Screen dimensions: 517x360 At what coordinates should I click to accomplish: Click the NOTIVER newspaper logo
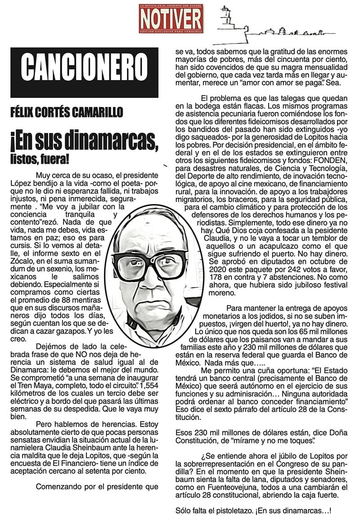(171, 18)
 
